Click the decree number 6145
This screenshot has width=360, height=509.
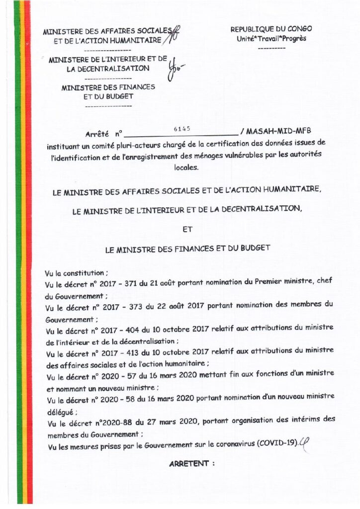pos(182,128)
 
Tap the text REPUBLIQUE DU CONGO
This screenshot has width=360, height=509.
pos(271,29)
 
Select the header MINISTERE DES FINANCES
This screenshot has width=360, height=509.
pos(108,87)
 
